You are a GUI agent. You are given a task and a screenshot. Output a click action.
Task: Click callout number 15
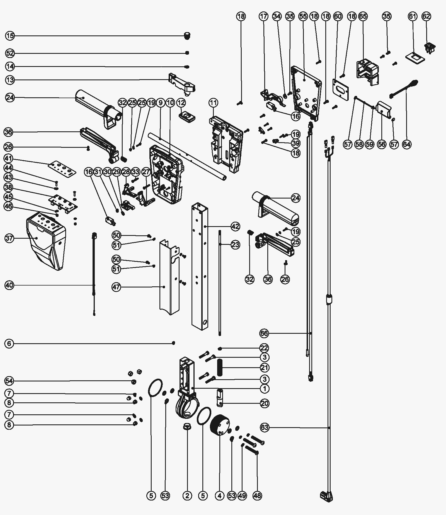[10, 36]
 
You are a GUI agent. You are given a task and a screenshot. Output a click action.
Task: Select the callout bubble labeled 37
[9, 238]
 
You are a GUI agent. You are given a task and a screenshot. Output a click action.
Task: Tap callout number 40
[9, 285]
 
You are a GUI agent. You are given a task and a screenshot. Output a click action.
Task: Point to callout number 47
[117, 287]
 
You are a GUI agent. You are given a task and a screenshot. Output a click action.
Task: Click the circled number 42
[235, 226]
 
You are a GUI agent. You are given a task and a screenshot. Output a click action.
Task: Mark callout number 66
[265, 333]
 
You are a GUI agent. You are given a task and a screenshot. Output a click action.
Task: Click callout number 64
[407, 144]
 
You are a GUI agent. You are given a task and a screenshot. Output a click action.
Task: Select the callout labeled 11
[213, 103]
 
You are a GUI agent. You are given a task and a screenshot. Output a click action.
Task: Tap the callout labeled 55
[303, 16]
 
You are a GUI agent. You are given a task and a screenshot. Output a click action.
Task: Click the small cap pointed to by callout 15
[187, 35]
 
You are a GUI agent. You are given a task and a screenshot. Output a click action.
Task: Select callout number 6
[9, 344]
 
